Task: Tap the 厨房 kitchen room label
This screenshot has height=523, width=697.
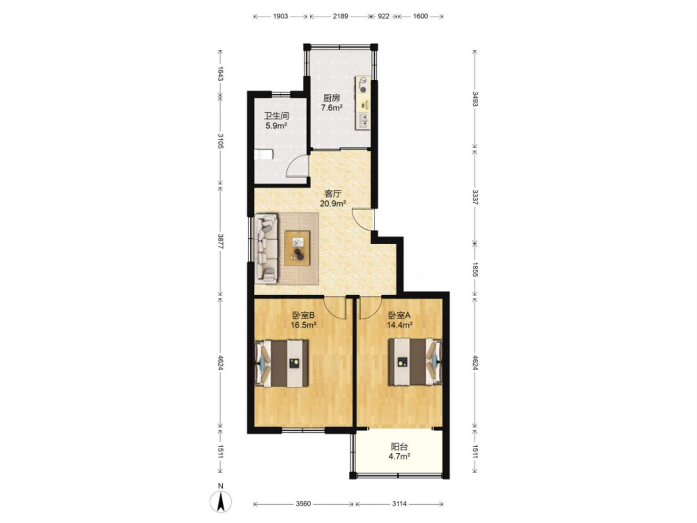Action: click(331, 98)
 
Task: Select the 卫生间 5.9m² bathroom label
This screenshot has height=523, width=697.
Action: click(276, 121)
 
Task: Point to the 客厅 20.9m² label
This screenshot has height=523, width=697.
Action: click(333, 198)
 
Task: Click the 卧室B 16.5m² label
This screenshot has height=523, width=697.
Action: click(303, 320)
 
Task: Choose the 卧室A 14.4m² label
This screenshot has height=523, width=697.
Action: click(399, 320)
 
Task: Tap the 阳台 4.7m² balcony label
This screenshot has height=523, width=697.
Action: click(399, 452)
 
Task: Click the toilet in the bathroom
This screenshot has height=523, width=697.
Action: click(263, 154)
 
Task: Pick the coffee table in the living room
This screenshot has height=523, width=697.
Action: click(297, 248)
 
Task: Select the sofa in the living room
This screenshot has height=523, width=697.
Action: click(266, 248)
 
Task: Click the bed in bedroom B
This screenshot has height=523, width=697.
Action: click(282, 363)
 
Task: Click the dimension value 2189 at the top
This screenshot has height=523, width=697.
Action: click(340, 16)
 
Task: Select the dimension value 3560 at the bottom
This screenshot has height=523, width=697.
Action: click(303, 503)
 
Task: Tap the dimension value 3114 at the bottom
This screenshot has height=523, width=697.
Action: click(399, 503)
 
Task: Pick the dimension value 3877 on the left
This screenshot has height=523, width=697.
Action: click(220, 241)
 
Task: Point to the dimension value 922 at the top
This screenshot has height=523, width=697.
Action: click(383, 16)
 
